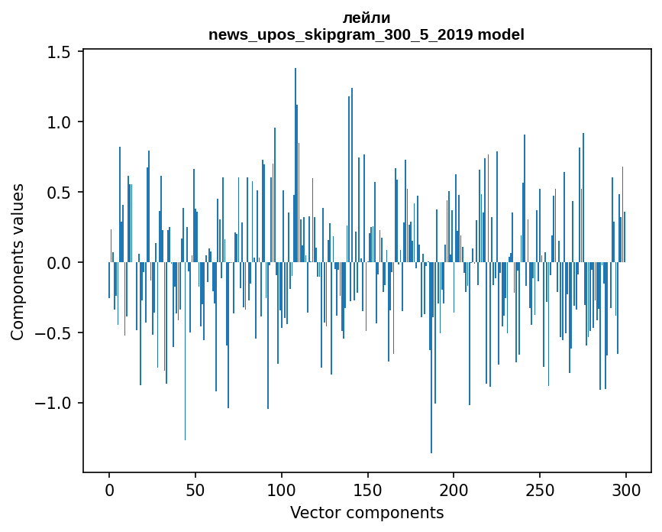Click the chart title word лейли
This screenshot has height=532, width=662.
366,18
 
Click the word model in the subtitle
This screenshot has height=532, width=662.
501,34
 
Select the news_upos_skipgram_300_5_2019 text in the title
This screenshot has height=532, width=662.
341,35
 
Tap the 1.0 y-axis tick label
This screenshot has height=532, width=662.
58,122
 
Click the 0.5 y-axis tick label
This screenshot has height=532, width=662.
58,193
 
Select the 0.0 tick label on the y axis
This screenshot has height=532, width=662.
58,263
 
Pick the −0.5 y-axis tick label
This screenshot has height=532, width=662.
52,333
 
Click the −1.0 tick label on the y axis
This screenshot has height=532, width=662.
52,403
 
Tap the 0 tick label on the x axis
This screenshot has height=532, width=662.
109,491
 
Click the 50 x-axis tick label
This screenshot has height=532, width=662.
195,491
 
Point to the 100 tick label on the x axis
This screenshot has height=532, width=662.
281,491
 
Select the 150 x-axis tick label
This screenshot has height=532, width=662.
367,491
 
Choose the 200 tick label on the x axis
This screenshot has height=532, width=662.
454,491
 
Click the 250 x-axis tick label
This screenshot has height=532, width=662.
540,491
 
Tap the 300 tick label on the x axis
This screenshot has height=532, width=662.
625,491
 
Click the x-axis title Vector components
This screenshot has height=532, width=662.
367,513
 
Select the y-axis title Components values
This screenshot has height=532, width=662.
18,262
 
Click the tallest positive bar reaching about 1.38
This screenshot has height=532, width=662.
295,165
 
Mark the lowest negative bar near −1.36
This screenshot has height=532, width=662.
431,358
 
